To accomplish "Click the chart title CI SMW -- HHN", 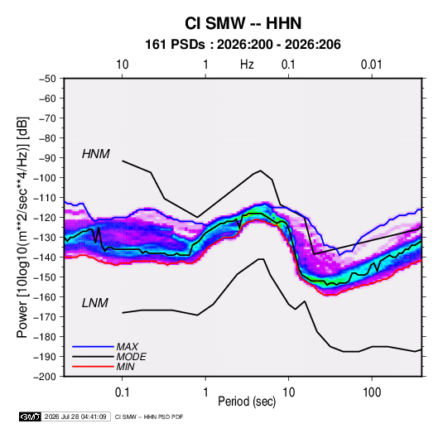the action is [x=243, y=23].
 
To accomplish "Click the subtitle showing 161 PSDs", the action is [x=243, y=45].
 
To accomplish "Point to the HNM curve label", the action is [x=96, y=154].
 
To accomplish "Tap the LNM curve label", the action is [x=95, y=303].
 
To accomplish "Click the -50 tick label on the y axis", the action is [x=47, y=79].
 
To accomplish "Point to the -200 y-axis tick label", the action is [x=45, y=377].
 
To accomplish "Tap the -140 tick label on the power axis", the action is [x=45, y=258].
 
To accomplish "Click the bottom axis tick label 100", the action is [x=372, y=392].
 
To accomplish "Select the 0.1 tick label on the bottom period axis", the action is [x=122, y=392].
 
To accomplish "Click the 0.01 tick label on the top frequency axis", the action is [x=371, y=65].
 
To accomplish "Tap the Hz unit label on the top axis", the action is [x=247, y=65].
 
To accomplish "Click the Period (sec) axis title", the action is [x=247, y=402].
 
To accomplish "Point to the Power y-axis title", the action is [x=22, y=227].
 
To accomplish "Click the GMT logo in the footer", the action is [x=31, y=416].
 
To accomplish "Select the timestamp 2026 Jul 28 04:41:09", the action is [x=75, y=416].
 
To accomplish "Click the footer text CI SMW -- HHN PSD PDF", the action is [x=149, y=416].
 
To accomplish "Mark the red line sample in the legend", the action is [x=93, y=367].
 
